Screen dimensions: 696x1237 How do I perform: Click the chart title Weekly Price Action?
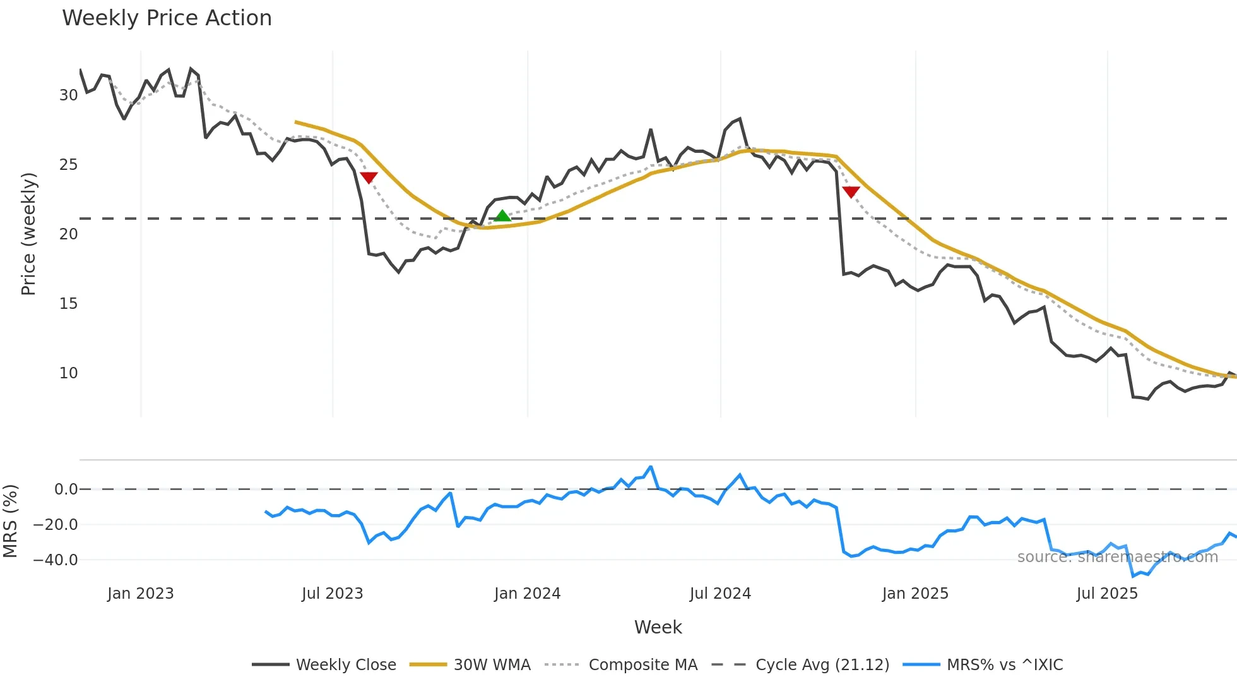coord(167,18)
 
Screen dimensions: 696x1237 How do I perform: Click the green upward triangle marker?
coord(502,216)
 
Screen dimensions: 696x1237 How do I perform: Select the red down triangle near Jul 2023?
coord(369,177)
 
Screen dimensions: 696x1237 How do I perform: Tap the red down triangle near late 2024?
coord(851,192)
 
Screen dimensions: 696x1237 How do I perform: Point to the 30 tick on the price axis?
coord(68,95)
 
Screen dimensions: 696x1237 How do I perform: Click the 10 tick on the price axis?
coord(68,373)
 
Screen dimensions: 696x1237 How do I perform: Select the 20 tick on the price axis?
coord(68,234)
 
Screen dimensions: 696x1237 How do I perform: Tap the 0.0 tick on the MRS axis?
coord(66,489)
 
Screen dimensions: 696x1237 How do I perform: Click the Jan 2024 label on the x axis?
coord(527,594)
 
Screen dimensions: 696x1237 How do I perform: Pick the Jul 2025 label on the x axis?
coord(1107,594)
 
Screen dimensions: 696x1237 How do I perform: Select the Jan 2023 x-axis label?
coord(140,594)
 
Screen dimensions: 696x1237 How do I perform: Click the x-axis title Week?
coord(658,627)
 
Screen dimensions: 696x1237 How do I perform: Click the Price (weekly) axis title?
coord(29,234)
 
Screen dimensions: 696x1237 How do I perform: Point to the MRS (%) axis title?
coord(10,521)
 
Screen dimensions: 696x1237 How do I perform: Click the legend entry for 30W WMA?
coord(492,665)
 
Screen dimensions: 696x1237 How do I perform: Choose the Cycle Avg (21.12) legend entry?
coord(822,665)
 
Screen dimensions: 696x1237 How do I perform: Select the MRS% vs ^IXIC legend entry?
coord(1004,665)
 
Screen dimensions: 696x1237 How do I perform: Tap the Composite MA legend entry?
coord(642,665)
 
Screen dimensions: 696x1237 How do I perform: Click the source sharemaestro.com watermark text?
coord(1117,557)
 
